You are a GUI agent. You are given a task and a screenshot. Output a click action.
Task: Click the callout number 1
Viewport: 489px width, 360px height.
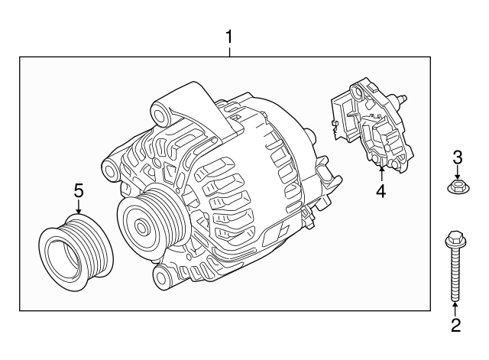pos(228,36)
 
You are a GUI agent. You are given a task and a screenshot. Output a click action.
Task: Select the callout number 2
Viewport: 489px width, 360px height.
pos(455,326)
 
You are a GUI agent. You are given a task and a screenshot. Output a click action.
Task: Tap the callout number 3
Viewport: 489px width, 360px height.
pos(457,158)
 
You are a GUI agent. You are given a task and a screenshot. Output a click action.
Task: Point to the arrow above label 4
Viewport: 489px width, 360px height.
pos(381,168)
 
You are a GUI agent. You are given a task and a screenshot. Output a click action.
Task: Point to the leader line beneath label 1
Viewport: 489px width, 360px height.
pos(228,50)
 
